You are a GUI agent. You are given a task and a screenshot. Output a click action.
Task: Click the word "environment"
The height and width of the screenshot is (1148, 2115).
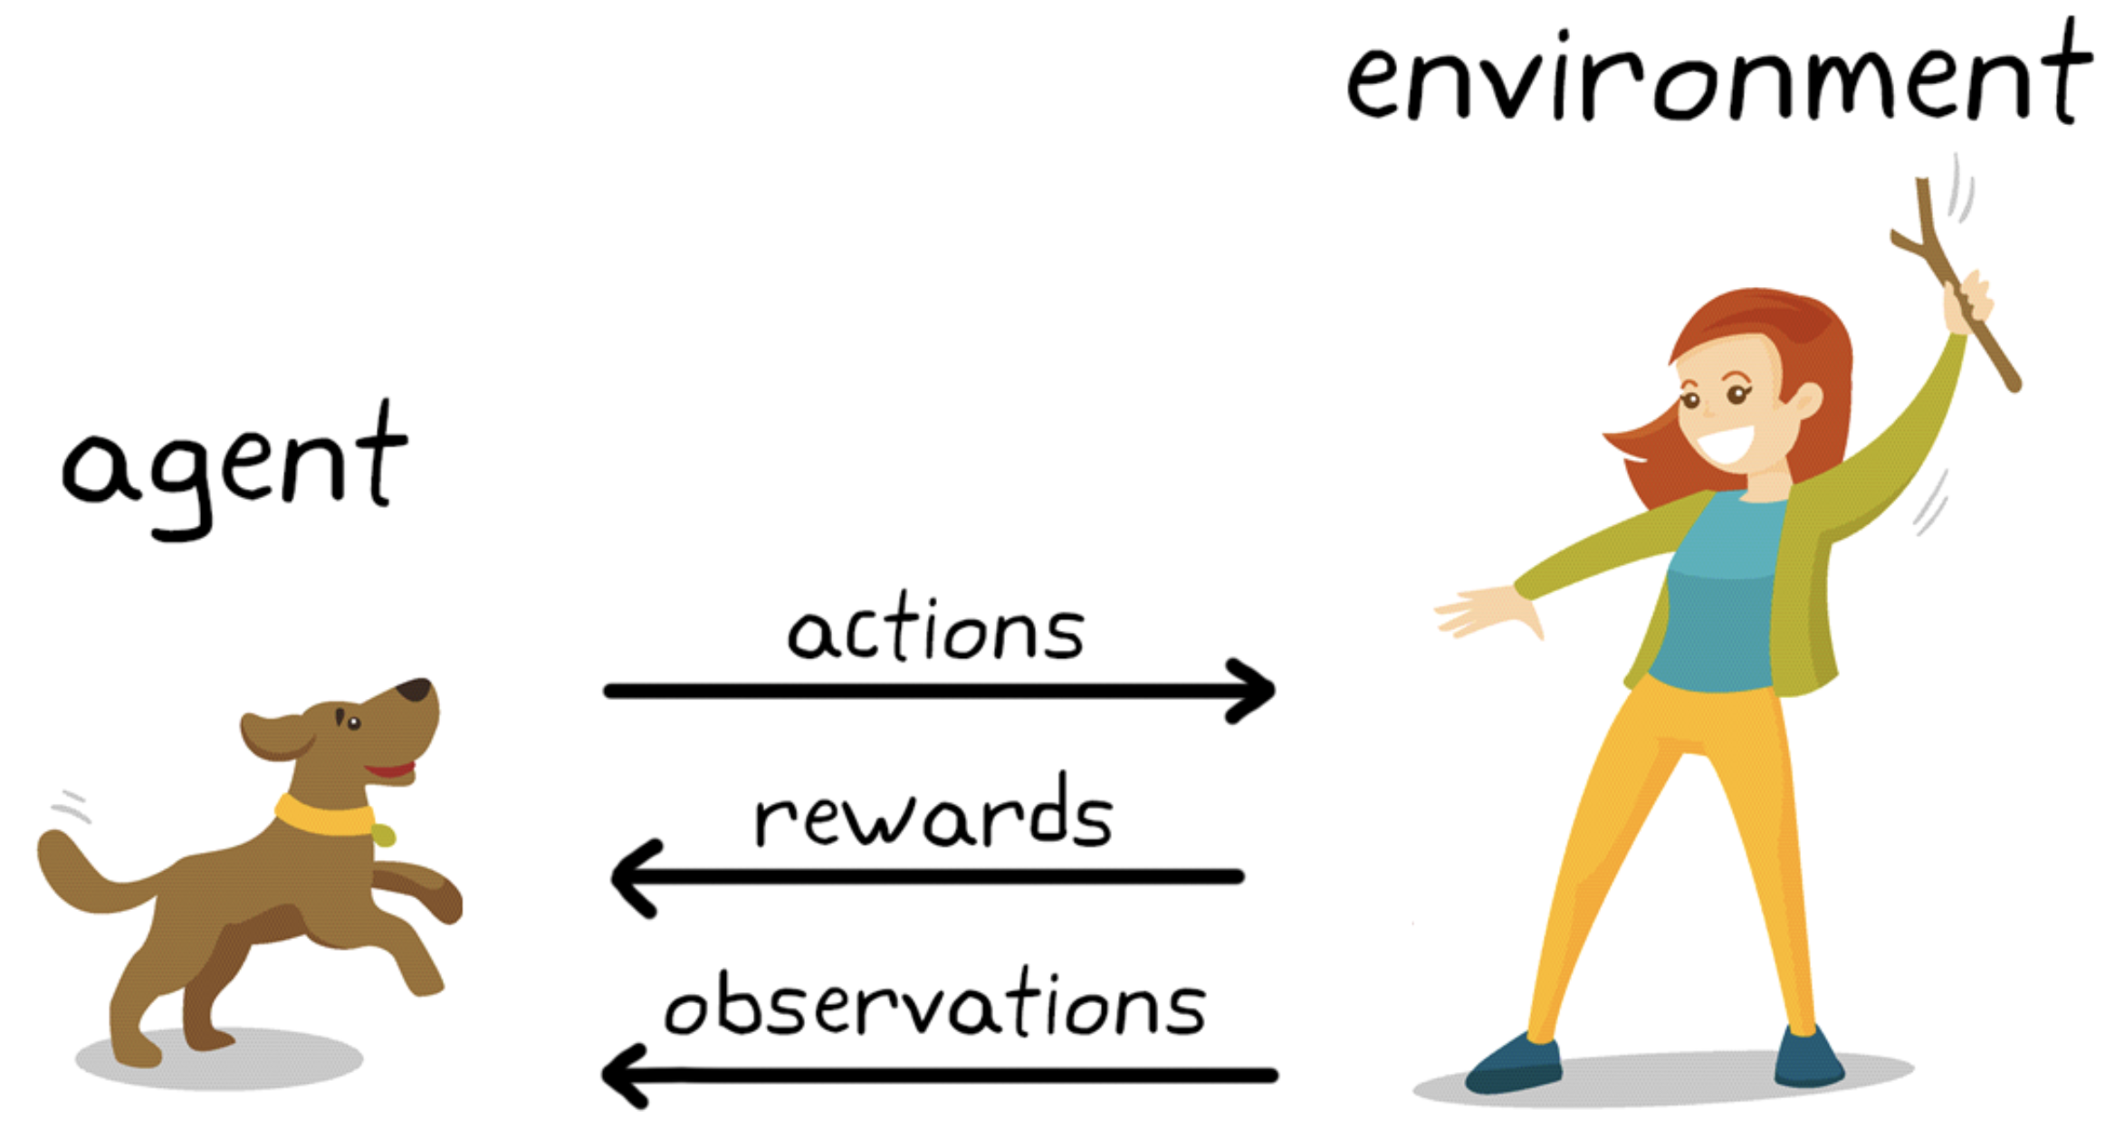[1718, 77]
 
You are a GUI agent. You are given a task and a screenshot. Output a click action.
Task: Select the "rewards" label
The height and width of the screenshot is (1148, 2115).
[933, 814]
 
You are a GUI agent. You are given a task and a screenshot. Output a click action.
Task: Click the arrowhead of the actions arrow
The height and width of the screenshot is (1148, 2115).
[1254, 691]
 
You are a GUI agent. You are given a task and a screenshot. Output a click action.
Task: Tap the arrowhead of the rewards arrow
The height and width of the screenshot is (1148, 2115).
[633, 877]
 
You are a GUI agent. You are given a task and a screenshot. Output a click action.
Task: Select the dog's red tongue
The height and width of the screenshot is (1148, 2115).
[392, 771]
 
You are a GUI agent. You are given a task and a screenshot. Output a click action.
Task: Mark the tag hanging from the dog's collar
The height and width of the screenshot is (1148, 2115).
[384, 835]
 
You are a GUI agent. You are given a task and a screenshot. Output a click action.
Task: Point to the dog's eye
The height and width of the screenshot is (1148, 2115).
[353, 722]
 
